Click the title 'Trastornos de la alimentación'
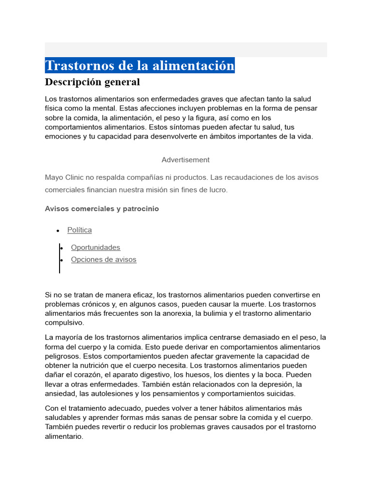pos(139,65)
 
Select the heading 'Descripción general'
pos(93,82)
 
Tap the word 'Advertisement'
pos(186,160)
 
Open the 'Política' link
pos(79,230)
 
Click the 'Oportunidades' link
pos(95,248)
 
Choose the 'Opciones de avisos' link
pos(104,260)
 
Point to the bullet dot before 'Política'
pos(58,231)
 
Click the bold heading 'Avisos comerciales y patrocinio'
pos(102,209)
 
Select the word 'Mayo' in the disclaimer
pos(54,177)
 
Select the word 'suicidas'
pos(281,393)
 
